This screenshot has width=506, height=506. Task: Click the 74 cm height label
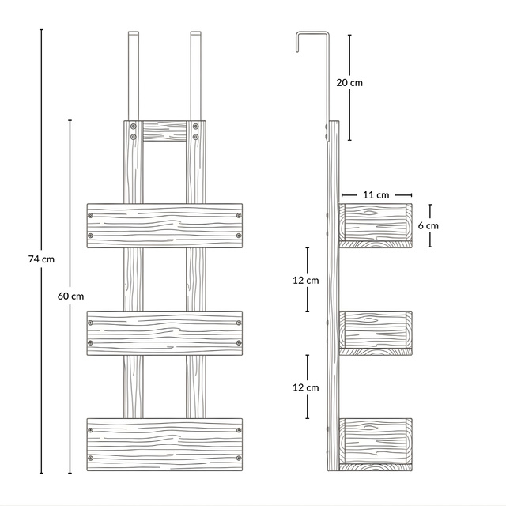[x=41, y=259]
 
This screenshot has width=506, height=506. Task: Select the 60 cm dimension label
[x=70, y=296]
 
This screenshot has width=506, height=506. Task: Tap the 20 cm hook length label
[x=349, y=82]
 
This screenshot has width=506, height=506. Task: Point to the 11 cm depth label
[x=376, y=195]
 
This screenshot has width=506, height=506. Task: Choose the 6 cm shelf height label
[x=429, y=225]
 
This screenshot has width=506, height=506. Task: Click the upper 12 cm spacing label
[x=306, y=281]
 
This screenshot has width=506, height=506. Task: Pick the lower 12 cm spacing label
[x=306, y=387]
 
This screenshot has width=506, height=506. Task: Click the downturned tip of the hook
[x=297, y=51]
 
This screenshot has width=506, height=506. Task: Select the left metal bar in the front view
[x=134, y=76]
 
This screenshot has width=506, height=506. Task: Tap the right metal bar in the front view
[x=196, y=76]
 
